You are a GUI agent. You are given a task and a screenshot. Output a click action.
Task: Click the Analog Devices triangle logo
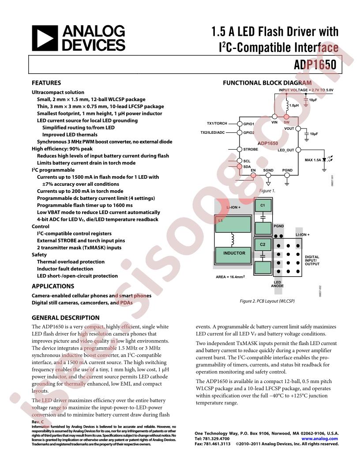(45, 38)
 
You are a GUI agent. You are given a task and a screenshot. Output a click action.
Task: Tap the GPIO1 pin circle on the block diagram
(240, 124)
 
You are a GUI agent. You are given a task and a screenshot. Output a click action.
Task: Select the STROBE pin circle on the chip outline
(240, 150)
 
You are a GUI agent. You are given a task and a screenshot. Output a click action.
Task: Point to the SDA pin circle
(240, 166)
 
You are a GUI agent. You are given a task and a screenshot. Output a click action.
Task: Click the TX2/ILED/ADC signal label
(213, 132)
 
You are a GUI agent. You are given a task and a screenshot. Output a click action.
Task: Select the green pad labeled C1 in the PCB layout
(262, 206)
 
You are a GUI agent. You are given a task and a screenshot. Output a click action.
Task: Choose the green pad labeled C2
(262, 244)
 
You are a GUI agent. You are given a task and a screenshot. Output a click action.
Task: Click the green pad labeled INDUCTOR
(234, 254)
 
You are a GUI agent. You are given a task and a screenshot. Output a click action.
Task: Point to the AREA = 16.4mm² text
(230, 278)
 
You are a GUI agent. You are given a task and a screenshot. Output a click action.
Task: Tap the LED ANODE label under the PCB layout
(277, 284)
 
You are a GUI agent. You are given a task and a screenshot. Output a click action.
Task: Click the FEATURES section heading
(46, 83)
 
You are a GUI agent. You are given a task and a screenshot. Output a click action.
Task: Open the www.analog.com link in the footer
(320, 439)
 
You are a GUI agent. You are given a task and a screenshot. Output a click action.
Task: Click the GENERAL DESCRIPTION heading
(66, 317)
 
